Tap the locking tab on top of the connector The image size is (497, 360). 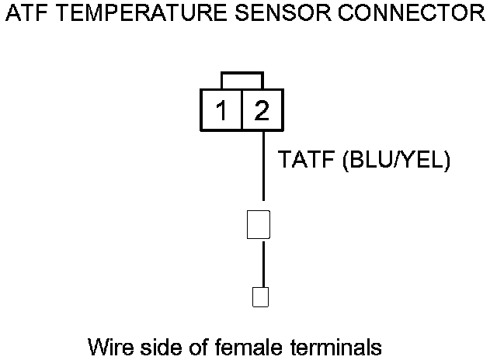pos(242,81)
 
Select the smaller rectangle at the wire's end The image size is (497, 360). pos(261,296)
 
